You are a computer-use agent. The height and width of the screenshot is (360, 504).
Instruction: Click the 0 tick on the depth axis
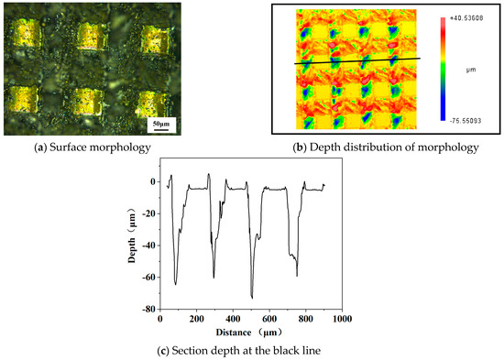(x=150, y=181)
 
